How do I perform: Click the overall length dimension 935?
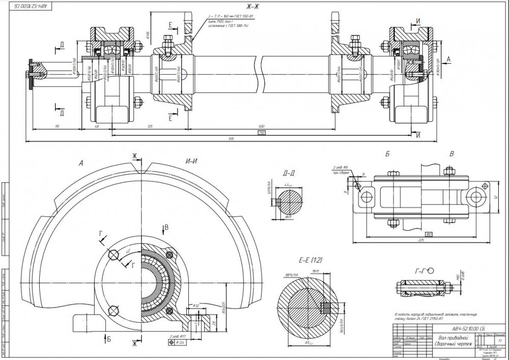231,139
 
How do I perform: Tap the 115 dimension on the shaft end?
58,125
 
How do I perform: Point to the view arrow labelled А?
448,59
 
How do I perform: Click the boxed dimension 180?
429,234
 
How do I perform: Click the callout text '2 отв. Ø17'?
177,337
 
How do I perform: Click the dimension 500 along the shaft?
262,125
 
